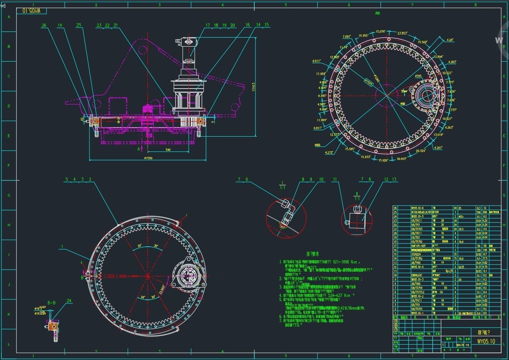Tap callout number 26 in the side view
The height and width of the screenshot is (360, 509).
click(44, 26)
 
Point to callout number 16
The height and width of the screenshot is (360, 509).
click(248, 25)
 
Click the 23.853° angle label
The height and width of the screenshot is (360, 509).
click(402, 33)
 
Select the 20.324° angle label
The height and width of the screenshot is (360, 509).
click(421, 151)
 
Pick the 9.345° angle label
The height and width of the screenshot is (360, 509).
click(322, 96)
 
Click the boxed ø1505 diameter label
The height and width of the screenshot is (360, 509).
click(369, 83)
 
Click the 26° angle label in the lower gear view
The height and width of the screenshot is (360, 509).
click(143, 297)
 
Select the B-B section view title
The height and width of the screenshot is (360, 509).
click(51, 303)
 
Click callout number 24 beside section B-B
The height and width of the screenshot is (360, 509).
click(69, 301)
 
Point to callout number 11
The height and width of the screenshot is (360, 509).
click(335, 179)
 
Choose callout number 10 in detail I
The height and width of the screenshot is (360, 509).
click(321, 179)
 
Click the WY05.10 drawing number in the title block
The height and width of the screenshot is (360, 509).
click(486, 341)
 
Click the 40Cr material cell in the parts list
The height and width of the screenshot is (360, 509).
click(461, 217)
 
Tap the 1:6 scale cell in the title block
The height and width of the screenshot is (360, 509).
click(468, 344)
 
